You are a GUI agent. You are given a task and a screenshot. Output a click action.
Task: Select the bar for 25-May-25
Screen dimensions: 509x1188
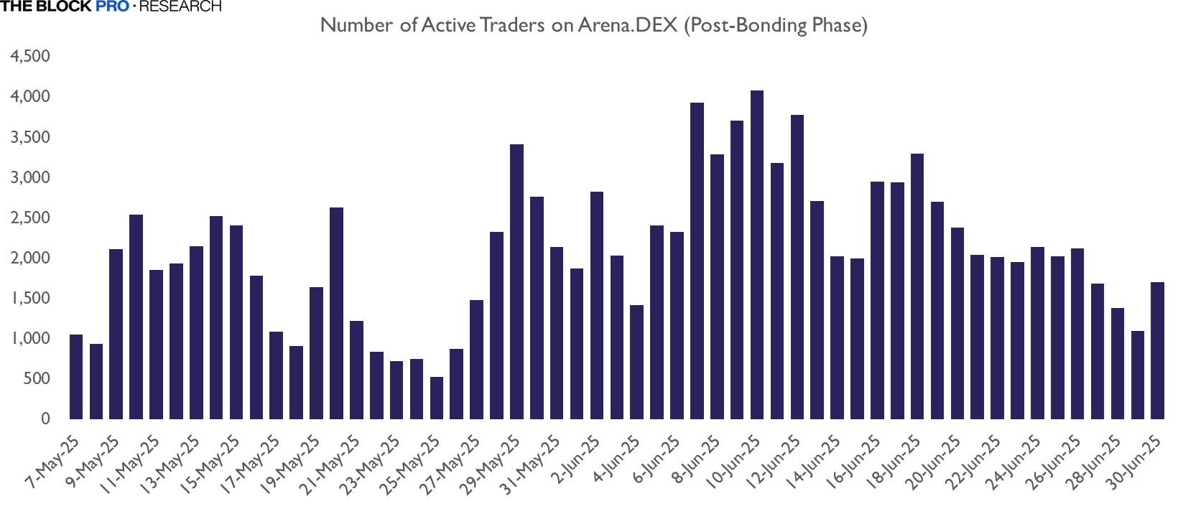click(437, 398)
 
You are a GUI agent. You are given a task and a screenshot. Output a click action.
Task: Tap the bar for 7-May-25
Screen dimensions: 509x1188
click(76, 377)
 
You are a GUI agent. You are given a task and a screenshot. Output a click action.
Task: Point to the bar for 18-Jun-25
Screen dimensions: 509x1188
click(917, 286)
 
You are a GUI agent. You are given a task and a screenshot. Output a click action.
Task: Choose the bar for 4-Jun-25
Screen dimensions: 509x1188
click(636, 362)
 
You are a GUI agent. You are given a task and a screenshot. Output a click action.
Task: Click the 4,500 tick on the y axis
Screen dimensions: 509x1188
click(30, 56)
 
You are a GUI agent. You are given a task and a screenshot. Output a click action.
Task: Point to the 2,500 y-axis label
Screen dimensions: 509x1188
click(30, 218)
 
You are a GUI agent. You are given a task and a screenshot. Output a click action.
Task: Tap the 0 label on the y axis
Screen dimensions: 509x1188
click(45, 419)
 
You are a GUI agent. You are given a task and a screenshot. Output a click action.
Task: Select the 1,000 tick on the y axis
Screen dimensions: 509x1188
click(30, 338)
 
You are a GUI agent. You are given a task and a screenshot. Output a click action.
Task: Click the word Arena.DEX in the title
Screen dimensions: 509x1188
click(627, 25)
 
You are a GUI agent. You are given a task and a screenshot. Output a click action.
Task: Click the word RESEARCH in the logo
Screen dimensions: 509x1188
click(180, 6)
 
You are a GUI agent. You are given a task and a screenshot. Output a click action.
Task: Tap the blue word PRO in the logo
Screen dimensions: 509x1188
click(112, 6)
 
